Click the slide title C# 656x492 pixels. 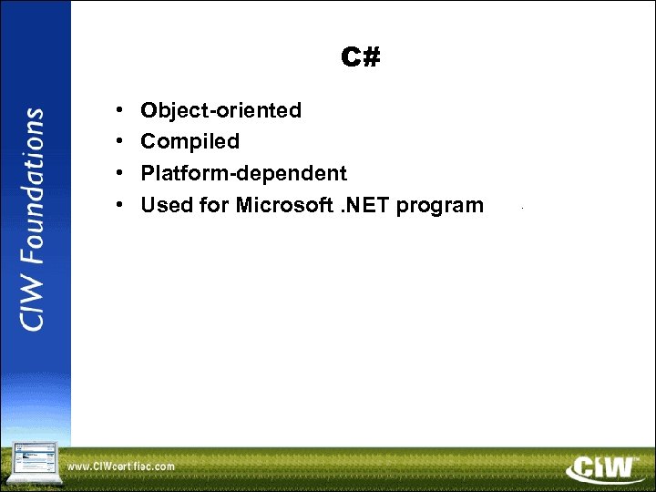click(x=361, y=58)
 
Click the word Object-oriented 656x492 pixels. click(x=220, y=110)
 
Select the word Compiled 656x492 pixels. click(x=190, y=141)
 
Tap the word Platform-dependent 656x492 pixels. click(x=243, y=173)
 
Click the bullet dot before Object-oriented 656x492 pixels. click(x=120, y=111)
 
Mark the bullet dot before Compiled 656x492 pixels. click(x=120, y=142)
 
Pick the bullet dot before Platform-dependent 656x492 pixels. click(x=120, y=174)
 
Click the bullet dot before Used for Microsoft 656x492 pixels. click(x=120, y=206)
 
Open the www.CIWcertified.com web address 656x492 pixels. click(x=121, y=466)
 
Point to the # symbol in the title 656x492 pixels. click(x=371, y=58)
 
